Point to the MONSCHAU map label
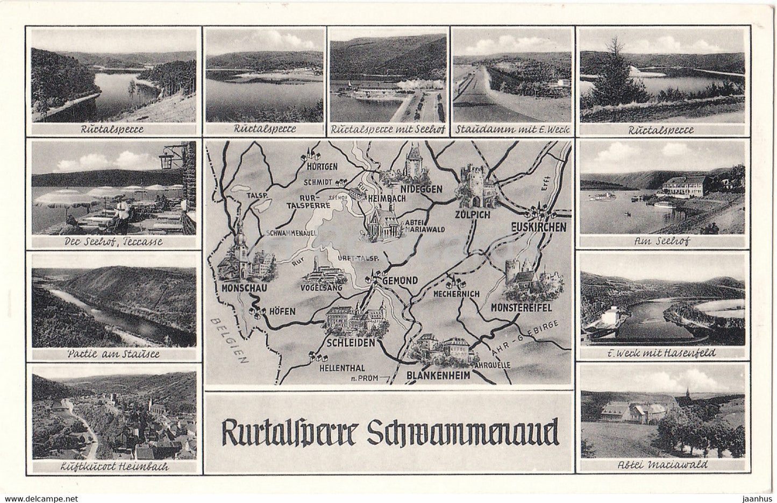(237, 287)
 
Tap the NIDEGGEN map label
(421, 189)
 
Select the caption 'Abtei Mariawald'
(662, 465)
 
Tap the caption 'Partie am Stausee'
(113, 355)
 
